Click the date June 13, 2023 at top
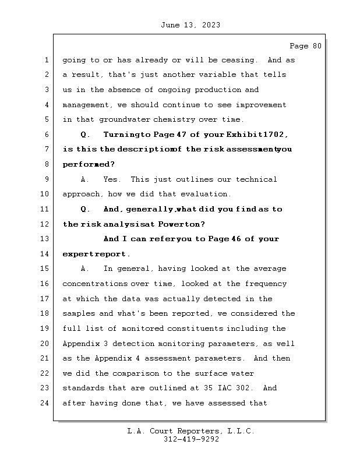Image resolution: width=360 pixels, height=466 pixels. click(x=189, y=25)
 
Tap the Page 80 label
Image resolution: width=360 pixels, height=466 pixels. click(x=305, y=47)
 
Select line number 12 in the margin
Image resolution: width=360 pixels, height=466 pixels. click(x=45, y=224)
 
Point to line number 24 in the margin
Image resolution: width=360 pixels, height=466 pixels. click(x=45, y=403)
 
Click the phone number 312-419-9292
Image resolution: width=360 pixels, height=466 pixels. click(x=191, y=440)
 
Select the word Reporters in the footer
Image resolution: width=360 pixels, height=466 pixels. click(x=197, y=431)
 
